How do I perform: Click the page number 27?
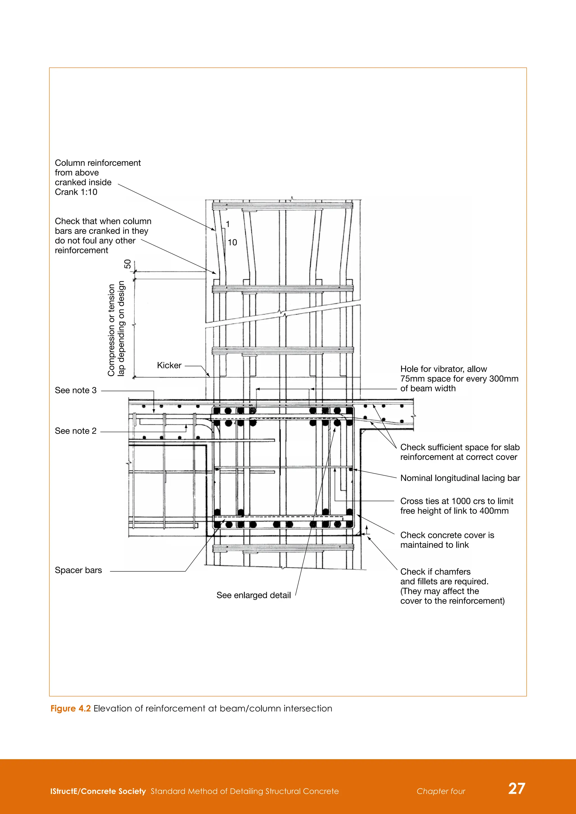tap(516, 788)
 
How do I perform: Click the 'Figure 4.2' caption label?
tap(71, 708)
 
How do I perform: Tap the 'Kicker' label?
tap(169, 365)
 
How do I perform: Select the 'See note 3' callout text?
tap(76, 390)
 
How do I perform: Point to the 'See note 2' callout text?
tap(76, 431)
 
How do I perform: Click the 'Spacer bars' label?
tap(78, 570)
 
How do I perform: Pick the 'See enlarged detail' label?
tap(254, 595)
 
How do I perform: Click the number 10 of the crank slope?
tap(232, 243)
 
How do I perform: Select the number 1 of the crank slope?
tap(228, 224)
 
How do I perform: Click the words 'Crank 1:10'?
tap(76, 192)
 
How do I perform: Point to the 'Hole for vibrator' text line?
tap(443, 369)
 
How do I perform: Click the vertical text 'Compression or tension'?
tap(112, 330)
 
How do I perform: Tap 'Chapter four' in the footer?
tap(441, 791)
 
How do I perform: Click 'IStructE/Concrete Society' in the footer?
tap(98, 791)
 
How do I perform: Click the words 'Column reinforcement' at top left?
tap(98, 163)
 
